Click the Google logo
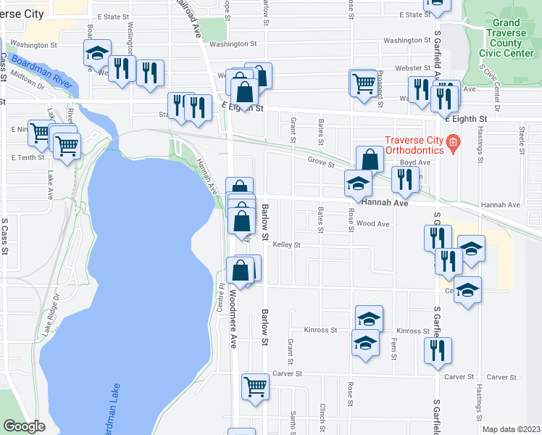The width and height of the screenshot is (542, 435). click(x=24, y=426)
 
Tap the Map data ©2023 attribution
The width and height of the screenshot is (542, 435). click(x=511, y=429)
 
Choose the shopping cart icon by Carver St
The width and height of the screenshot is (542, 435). click(x=255, y=386)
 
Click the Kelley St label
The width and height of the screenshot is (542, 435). click(x=286, y=245)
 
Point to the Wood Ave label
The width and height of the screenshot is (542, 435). click(x=373, y=224)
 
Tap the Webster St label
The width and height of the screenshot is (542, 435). click(x=393, y=67)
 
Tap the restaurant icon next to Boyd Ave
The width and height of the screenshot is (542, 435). click(x=405, y=180)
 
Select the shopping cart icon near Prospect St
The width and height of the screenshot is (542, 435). click(x=362, y=81)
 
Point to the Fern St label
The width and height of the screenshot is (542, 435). click(x=393, y=347)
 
